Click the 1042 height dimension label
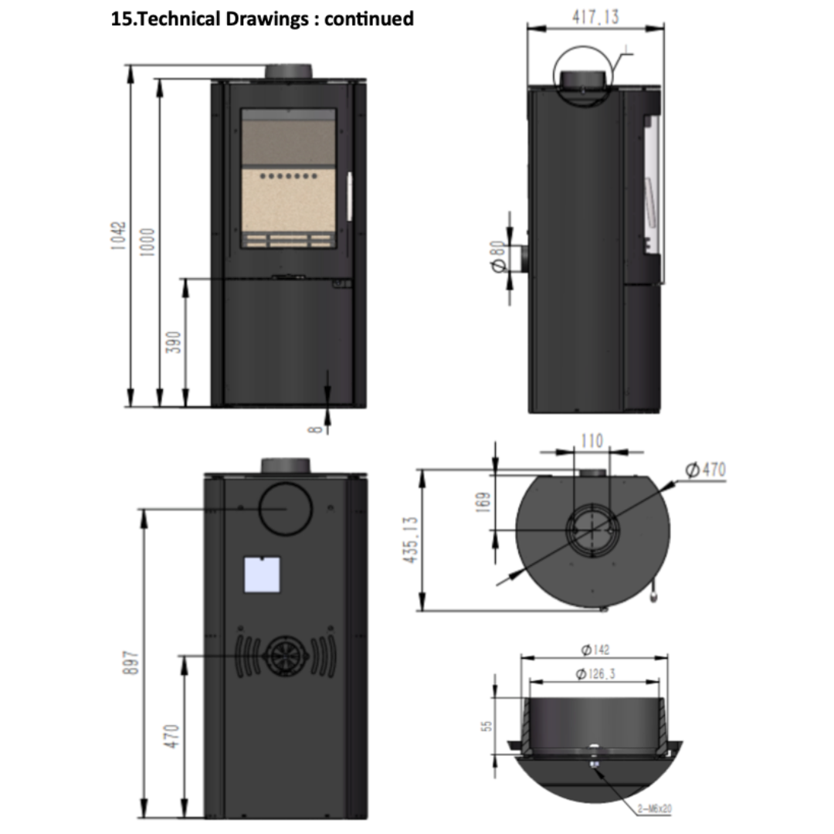(119, 236)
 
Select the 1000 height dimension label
(147, 242)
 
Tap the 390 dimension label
(174, 342)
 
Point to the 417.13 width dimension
(595, 17)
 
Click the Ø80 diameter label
(497, 257)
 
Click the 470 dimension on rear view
(171, 736)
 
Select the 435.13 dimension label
(411, 540)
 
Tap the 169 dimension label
(483, 503)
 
